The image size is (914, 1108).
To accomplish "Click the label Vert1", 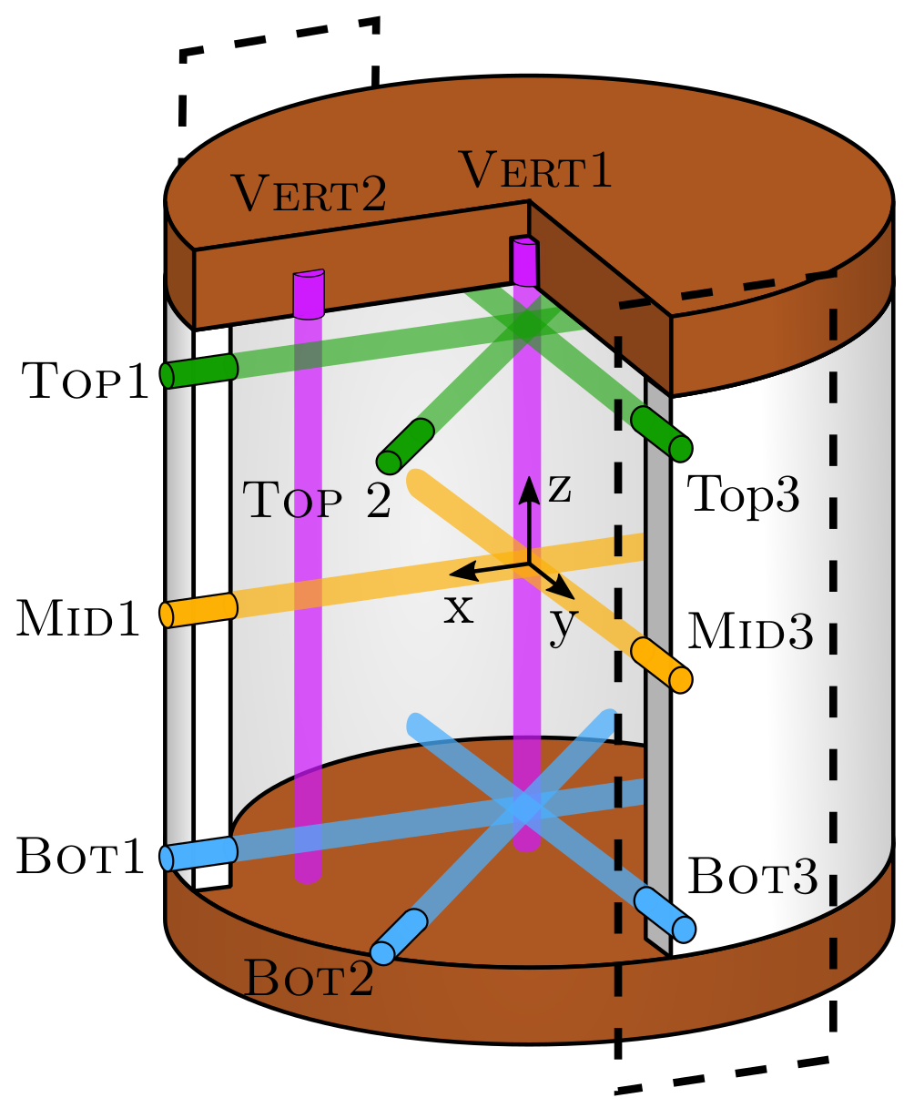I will [535, 170].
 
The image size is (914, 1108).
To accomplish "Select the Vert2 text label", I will [309, 193].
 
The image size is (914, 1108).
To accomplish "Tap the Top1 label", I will [85, 381].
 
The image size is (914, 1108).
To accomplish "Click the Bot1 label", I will [81, 859].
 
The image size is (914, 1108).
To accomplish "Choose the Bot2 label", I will [309, 980].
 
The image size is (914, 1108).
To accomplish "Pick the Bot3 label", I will [752, 876].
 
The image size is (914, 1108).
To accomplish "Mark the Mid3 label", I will [749, 632].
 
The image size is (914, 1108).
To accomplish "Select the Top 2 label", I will [317, 501].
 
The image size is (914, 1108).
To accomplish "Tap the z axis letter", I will [559, 490].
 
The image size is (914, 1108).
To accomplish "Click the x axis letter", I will [459, 609].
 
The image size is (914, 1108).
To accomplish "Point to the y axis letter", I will [564, 627].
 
